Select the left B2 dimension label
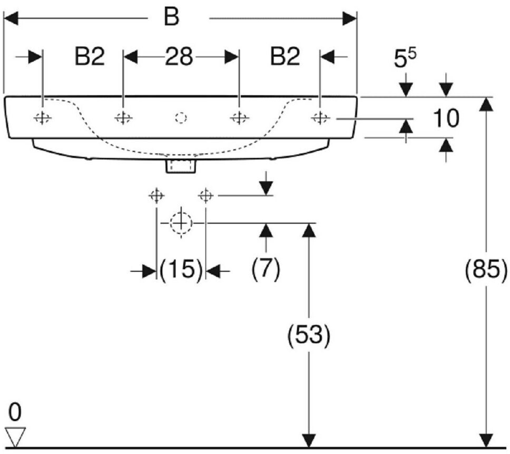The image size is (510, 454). pos(90,56)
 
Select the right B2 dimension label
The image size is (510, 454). pos(285,56)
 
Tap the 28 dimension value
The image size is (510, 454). pos(179,56)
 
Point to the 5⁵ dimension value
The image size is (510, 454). pos(405,58)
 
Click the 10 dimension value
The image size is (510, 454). pos(446,118)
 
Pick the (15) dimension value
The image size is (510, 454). pos(181,270)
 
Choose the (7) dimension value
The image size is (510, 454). pos(266,269)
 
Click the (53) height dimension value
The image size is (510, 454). pos(309,335)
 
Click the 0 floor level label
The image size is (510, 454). pos(15,412)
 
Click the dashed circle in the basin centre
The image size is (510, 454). pos(181,118)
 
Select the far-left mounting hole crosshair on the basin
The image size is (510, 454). pos(42,118)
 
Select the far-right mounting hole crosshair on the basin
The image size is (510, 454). pos(320,118)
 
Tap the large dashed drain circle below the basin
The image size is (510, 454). pos(181,223)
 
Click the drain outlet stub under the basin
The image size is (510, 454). pos(181,166)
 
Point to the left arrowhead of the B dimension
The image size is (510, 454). pos(11,18)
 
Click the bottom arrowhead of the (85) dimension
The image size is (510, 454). pos(486,440)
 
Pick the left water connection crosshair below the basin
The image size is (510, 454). pos(156,196)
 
